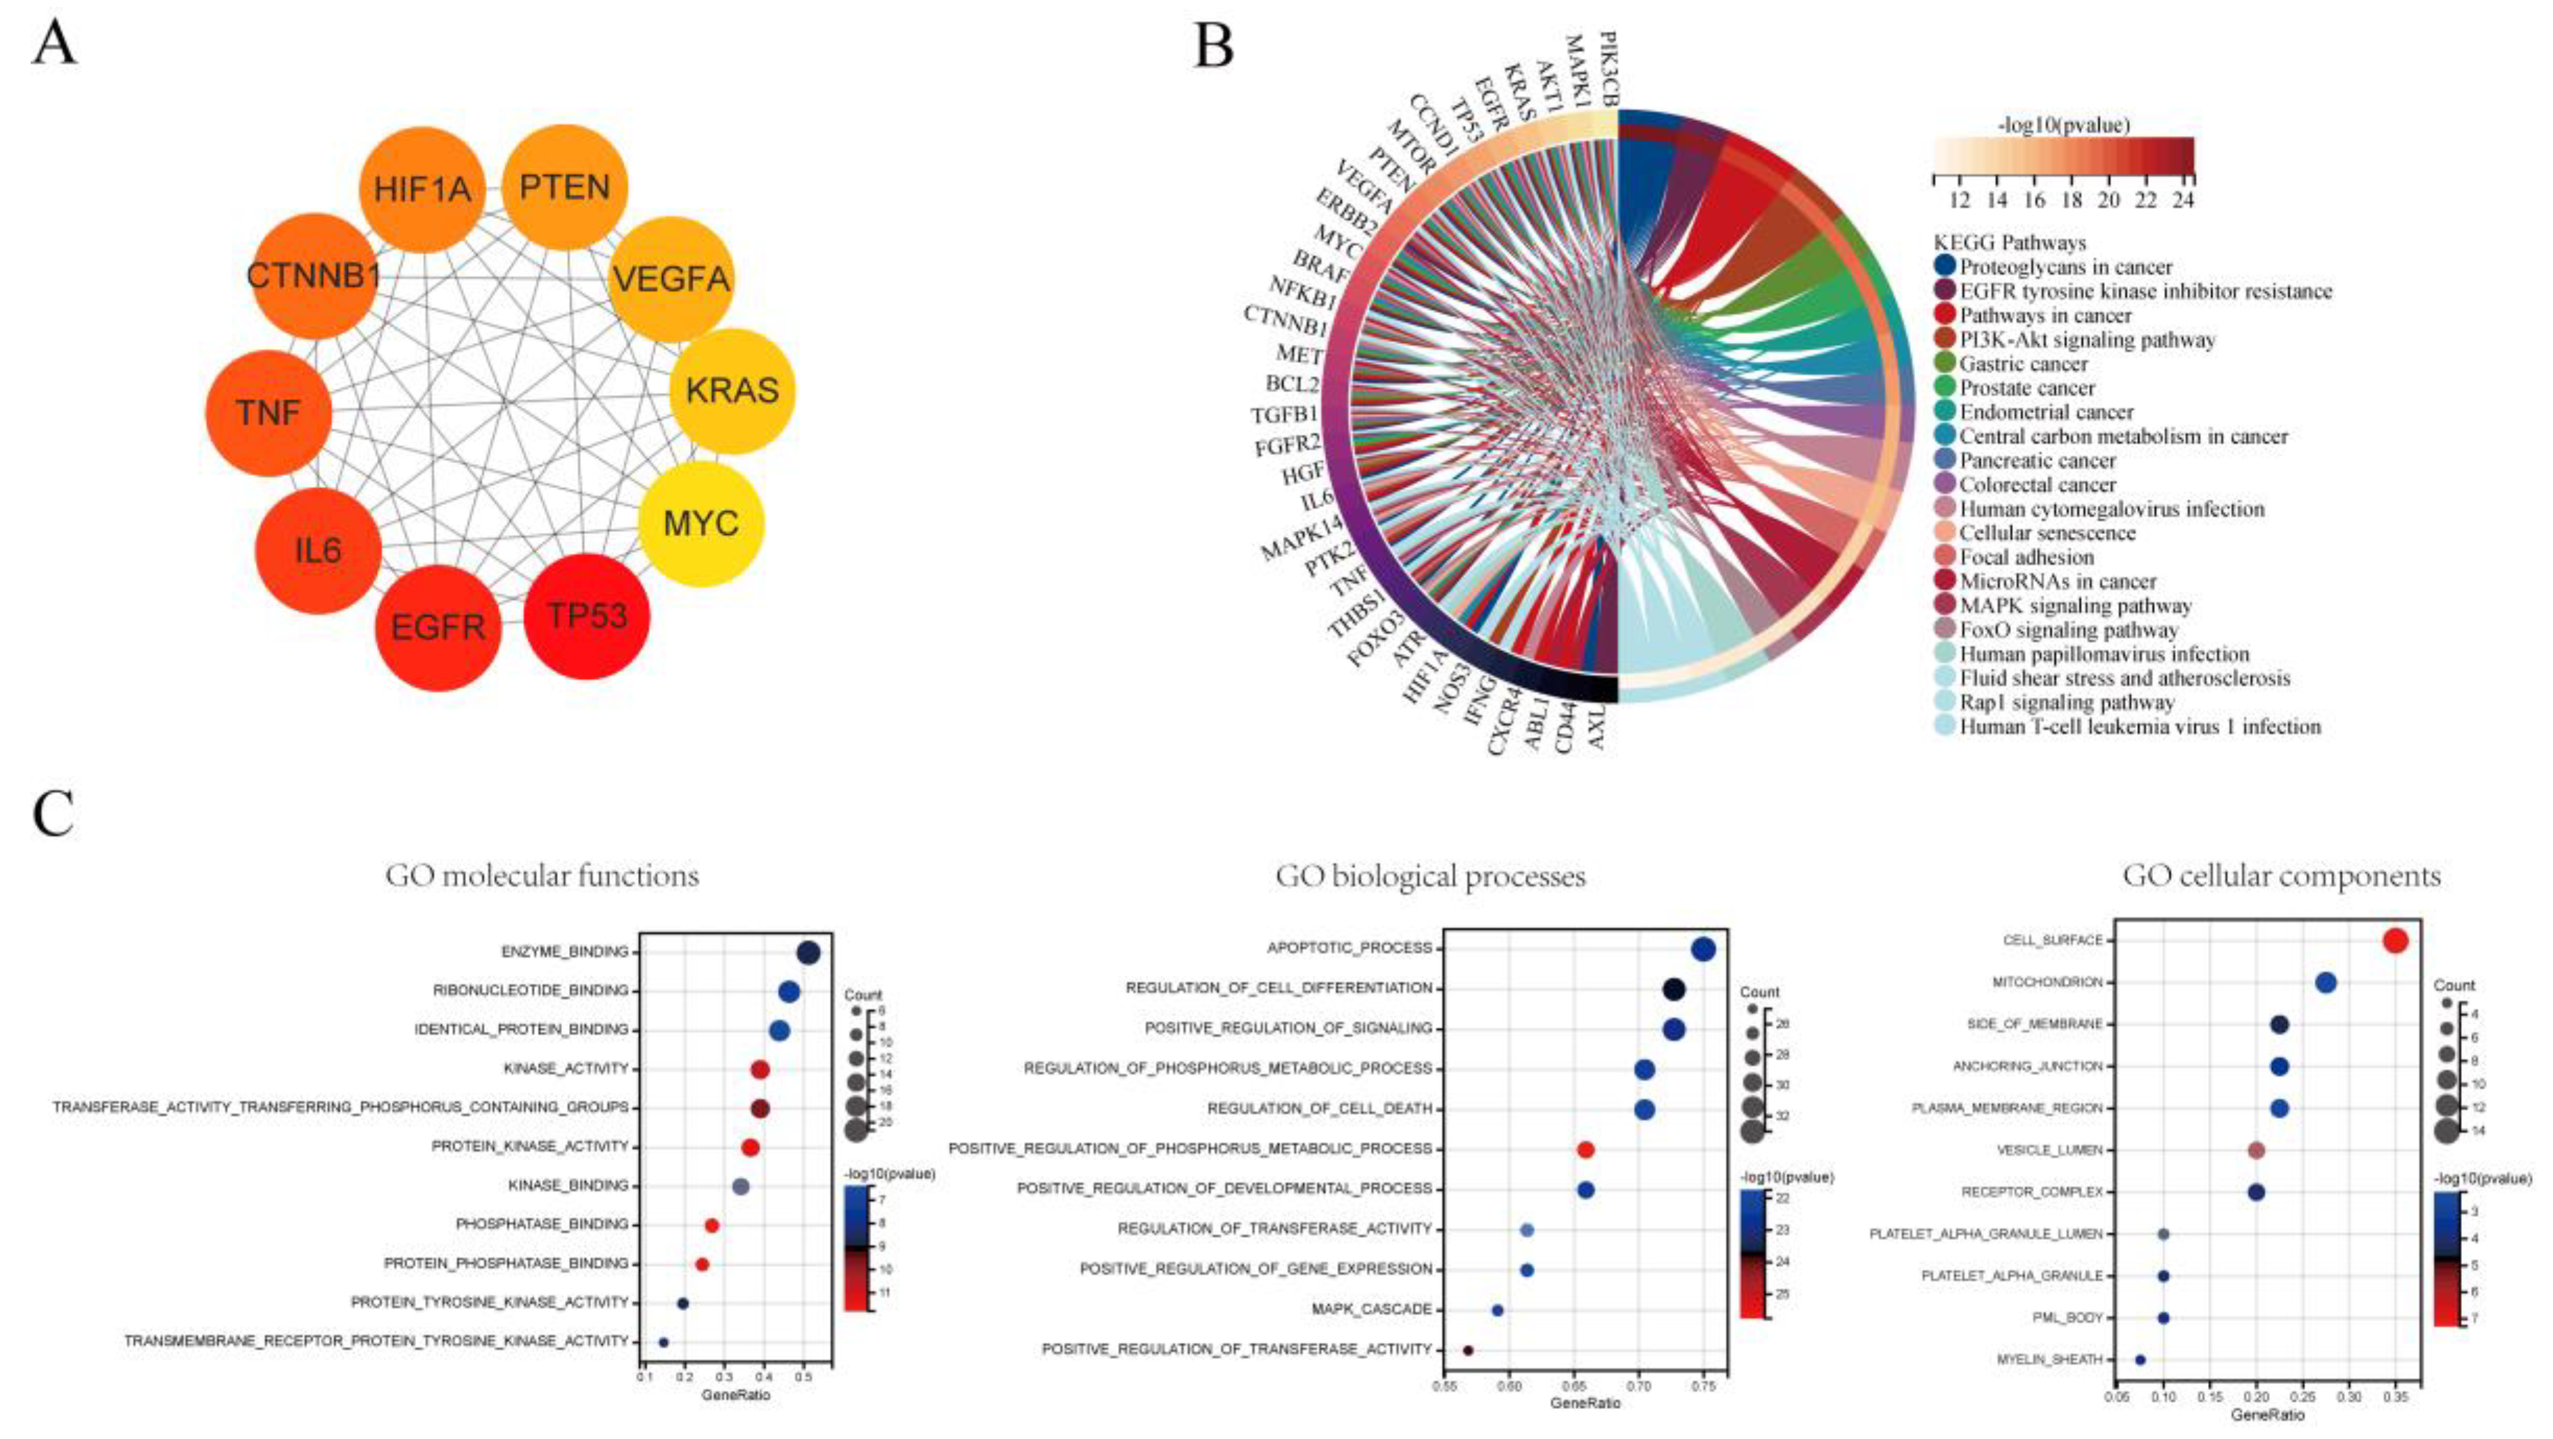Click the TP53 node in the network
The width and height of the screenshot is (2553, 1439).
pyautogui.click(x=586, y=616)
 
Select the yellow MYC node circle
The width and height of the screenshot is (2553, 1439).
pyautogui.click(x=701, y=523)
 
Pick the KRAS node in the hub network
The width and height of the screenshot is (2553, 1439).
pyautogui.click(x=733, y=390)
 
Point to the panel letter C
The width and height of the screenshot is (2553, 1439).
pyautogui.click(x=54, y=814)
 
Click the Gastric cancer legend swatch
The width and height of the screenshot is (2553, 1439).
pyautogui.click(x=1944, y=364)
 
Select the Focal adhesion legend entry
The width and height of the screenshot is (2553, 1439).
pyautogui.click(x=2026, y=557)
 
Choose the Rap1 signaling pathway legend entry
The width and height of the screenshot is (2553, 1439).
pyautogui.click(x=2066, y=702)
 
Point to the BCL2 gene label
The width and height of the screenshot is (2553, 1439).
pyautogui.click(x=1291, y=383)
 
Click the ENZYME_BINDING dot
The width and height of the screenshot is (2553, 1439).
pyautogui.click(x=808, y=952)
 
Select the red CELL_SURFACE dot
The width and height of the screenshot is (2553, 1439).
pyautogui.click(x=2395, y=940)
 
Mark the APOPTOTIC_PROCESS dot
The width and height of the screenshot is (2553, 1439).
pyautogui.click(x=1704, y=949)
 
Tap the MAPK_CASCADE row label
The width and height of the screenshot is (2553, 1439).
pyautogui.click(x=1372, y=1309)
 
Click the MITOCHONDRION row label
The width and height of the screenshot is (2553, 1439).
pyautogui.click(x=2047, y=982)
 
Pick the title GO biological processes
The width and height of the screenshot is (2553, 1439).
pyautogui.click(x=1430, y=876)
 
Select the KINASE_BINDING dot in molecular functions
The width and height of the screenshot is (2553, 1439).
pyautogui.click(x=740, y=1187)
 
